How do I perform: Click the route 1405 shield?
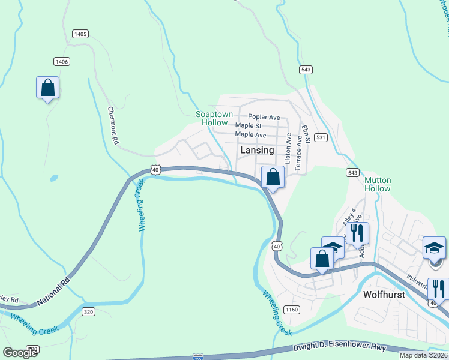click(80, 34)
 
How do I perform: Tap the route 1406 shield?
click(61, 61)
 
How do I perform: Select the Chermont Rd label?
click(112, 125)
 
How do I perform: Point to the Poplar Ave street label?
click(264, 117)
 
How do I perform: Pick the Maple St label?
click(248, 126)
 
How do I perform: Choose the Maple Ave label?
click(250, 135)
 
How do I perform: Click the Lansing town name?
click(257, 151)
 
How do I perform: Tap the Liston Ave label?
click(288, 149)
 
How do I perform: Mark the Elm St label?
click(306, 134)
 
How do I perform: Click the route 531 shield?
click(321, 137)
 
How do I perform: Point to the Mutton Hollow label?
click(378, 184)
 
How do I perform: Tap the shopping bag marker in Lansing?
click(273, 178)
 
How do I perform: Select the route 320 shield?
click(89, 311)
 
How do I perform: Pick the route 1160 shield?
click(292, 310)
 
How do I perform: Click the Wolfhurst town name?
click(385, 295)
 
